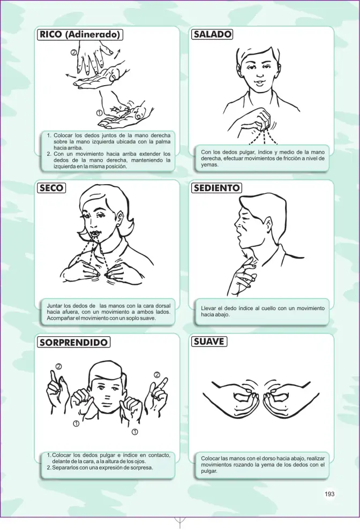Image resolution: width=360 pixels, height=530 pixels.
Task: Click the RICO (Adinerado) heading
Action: [x=80, y=34]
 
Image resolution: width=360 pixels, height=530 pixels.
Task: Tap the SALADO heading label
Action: [x=212, y=34]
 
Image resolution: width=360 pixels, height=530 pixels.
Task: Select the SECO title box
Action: [x=51, y=188]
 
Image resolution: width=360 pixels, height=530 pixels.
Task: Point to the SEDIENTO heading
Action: [x=217, y=188]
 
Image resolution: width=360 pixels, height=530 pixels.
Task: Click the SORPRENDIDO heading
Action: [x=73, y=342]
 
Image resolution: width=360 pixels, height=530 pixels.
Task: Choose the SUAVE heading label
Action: [x=209, y=342]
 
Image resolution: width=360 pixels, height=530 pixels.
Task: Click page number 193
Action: [x=329, y=494]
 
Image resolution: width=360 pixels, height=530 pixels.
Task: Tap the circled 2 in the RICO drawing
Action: [x=74, y=52]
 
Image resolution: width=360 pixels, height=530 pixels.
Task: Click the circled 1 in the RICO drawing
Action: [x=99, y=113]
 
